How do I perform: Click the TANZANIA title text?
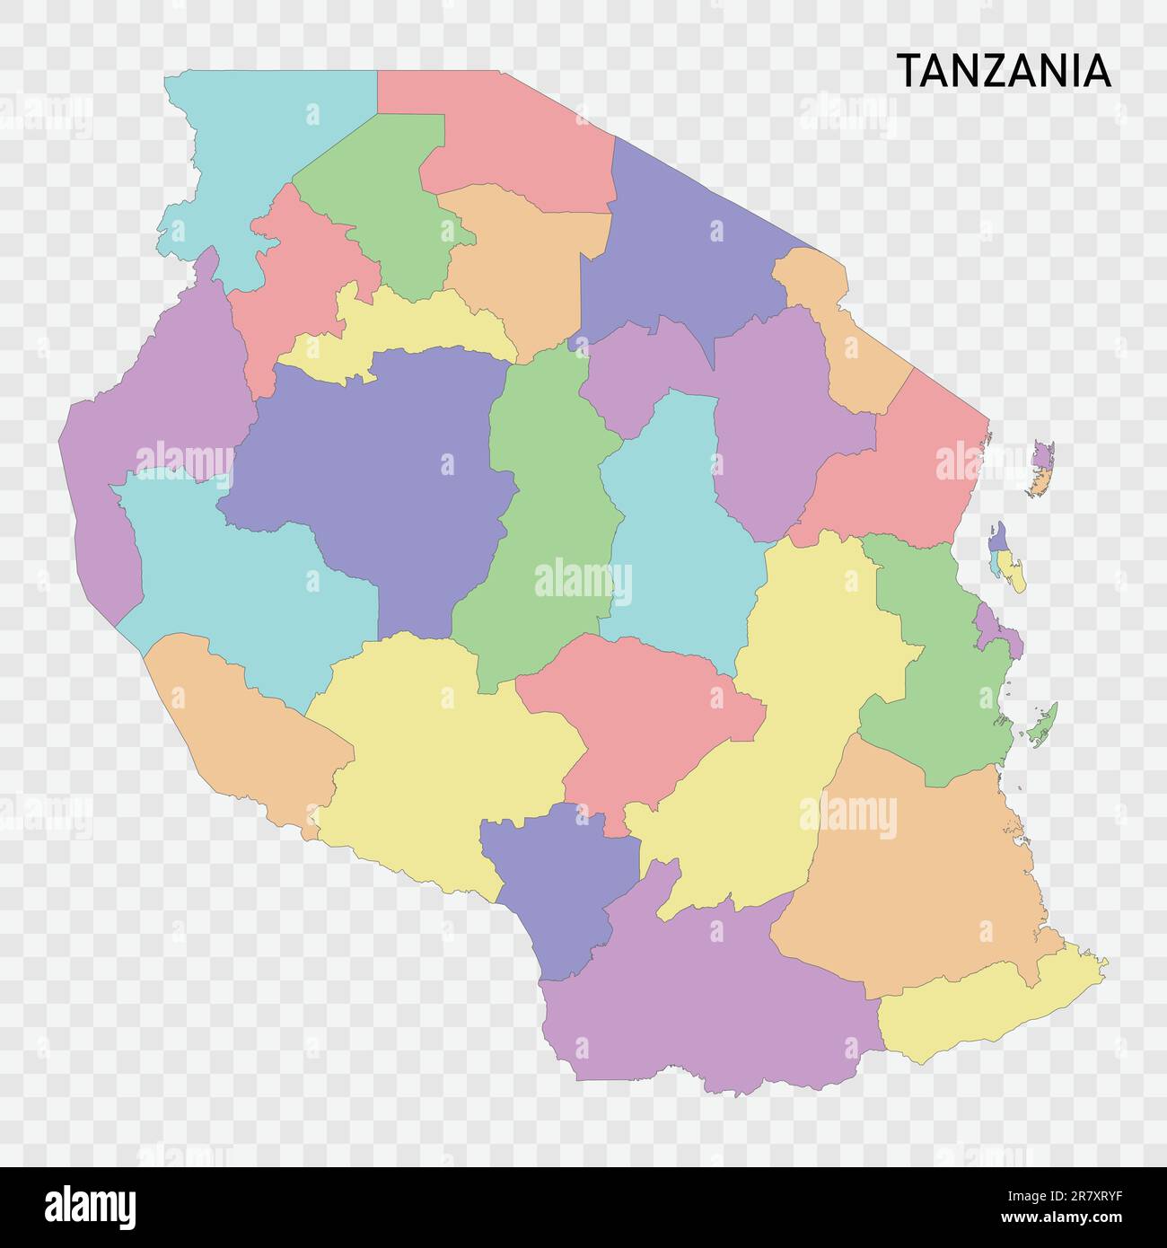[1004, 71]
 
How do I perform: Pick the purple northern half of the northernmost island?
[1042, 454]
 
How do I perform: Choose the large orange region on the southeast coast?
[916, 880]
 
